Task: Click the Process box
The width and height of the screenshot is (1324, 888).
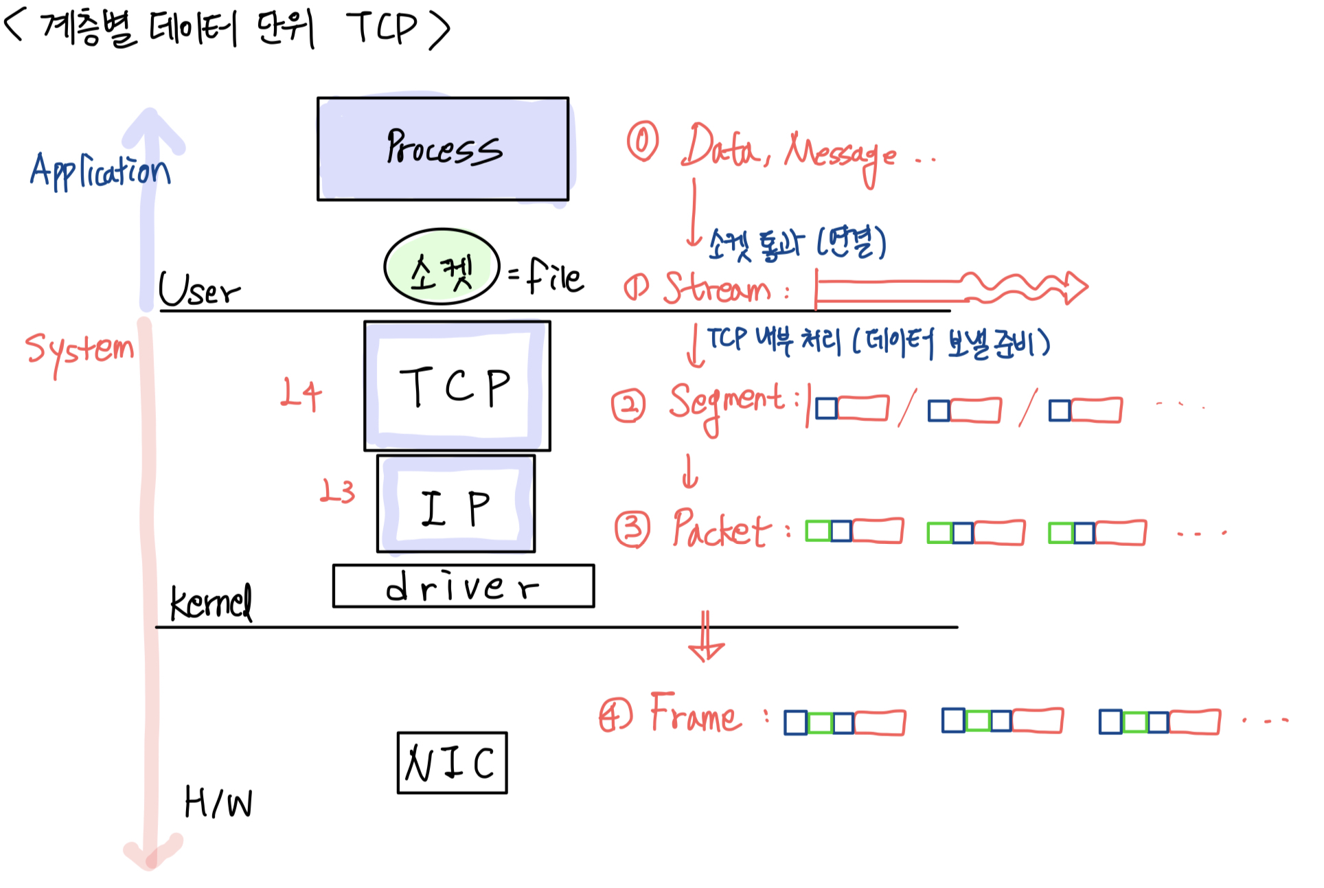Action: [x=442, y=148]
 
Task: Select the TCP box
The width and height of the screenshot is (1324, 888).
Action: [x=457, y=386]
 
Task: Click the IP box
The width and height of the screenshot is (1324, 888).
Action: [x=455, y=504]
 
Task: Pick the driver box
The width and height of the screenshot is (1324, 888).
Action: [x=463, y=586]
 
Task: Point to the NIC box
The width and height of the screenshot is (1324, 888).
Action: [x=452, y=762]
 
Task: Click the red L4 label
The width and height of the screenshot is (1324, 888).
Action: [x=301, y=394]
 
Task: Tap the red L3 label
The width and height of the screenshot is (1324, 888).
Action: [x=337, y=492]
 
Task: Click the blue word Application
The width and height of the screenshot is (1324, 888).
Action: [x=100, y=171]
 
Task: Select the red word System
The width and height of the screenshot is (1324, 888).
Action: [x=79, y=350]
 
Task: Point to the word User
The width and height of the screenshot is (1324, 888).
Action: [x=199, y=290]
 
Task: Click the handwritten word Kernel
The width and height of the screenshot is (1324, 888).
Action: [x=211, y=603]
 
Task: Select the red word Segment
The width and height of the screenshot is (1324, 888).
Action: [x=726, y=404]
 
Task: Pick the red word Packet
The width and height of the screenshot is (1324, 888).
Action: [x=721, y=529]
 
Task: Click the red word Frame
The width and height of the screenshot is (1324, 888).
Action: [x=695, y=714]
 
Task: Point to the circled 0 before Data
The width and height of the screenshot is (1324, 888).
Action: [x=642, y=141]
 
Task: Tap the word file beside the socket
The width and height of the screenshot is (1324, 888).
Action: [x=555, y=276]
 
